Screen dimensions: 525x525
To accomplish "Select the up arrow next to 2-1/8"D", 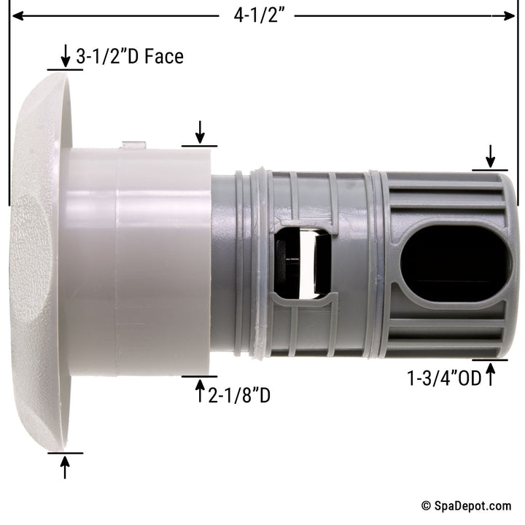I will point(200,392).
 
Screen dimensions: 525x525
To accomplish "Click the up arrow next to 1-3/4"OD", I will point(490,375).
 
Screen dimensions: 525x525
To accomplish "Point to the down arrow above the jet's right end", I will point(490,155).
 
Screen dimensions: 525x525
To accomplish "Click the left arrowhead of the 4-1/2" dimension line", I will point(15,15).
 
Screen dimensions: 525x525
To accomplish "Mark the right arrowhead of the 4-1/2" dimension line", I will point(510,15).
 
